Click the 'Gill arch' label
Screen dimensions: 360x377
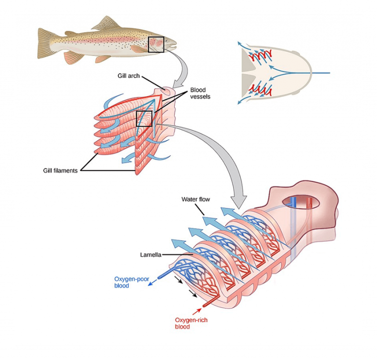pos(128,76)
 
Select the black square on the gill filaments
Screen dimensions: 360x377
pos(144,118)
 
